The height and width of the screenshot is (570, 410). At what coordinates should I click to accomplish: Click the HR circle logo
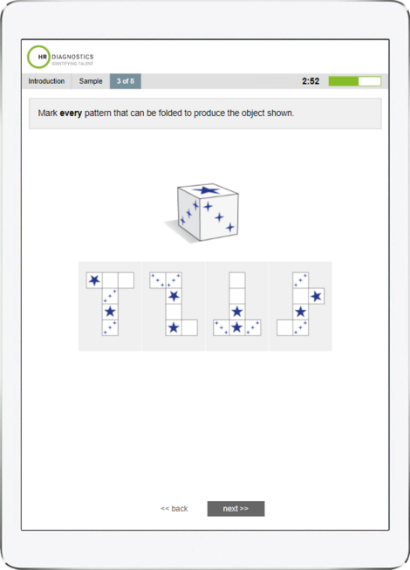38,57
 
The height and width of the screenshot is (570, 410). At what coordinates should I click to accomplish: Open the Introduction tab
46,81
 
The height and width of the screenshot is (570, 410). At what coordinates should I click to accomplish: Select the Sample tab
91,81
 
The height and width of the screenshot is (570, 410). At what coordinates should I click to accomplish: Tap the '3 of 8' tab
125,81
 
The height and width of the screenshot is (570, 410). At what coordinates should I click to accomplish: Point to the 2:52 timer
311,81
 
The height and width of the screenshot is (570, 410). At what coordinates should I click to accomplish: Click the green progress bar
354,81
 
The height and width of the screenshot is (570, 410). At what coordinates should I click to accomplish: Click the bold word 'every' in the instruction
72,113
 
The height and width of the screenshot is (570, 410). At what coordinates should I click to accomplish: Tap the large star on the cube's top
207,190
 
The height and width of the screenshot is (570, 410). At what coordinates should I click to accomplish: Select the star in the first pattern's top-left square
94,280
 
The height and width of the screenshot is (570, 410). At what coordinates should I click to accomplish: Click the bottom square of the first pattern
110,327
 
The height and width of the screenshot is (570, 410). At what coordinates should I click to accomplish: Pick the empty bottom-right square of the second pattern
189,327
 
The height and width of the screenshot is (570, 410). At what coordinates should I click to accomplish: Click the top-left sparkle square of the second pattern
158,280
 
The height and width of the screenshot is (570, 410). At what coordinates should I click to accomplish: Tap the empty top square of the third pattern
236,280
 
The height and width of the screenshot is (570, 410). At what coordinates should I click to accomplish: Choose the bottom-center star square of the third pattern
236,327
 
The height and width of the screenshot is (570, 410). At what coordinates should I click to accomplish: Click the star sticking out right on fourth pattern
316,296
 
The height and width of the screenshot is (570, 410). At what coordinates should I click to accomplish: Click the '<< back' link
174,508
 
